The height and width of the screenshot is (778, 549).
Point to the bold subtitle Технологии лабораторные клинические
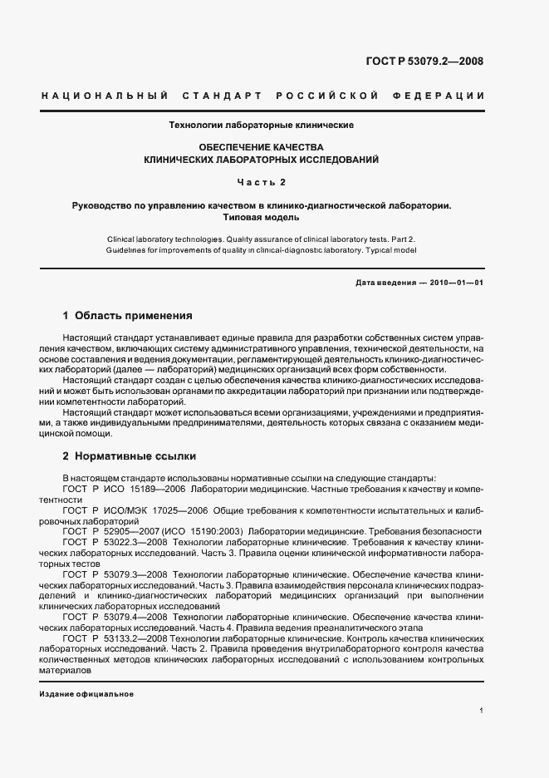(262, 125)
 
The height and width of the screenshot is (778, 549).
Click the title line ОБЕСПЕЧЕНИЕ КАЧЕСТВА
(262, 145)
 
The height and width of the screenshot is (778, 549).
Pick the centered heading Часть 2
(262, 180)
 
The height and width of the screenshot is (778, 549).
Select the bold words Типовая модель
(262, 218)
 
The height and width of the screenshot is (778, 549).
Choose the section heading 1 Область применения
(128, 316)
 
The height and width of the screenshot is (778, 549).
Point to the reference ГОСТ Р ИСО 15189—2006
(124, 489)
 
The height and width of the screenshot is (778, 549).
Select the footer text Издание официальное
(86, 693)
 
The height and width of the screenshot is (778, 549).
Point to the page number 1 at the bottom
(482, 711)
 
